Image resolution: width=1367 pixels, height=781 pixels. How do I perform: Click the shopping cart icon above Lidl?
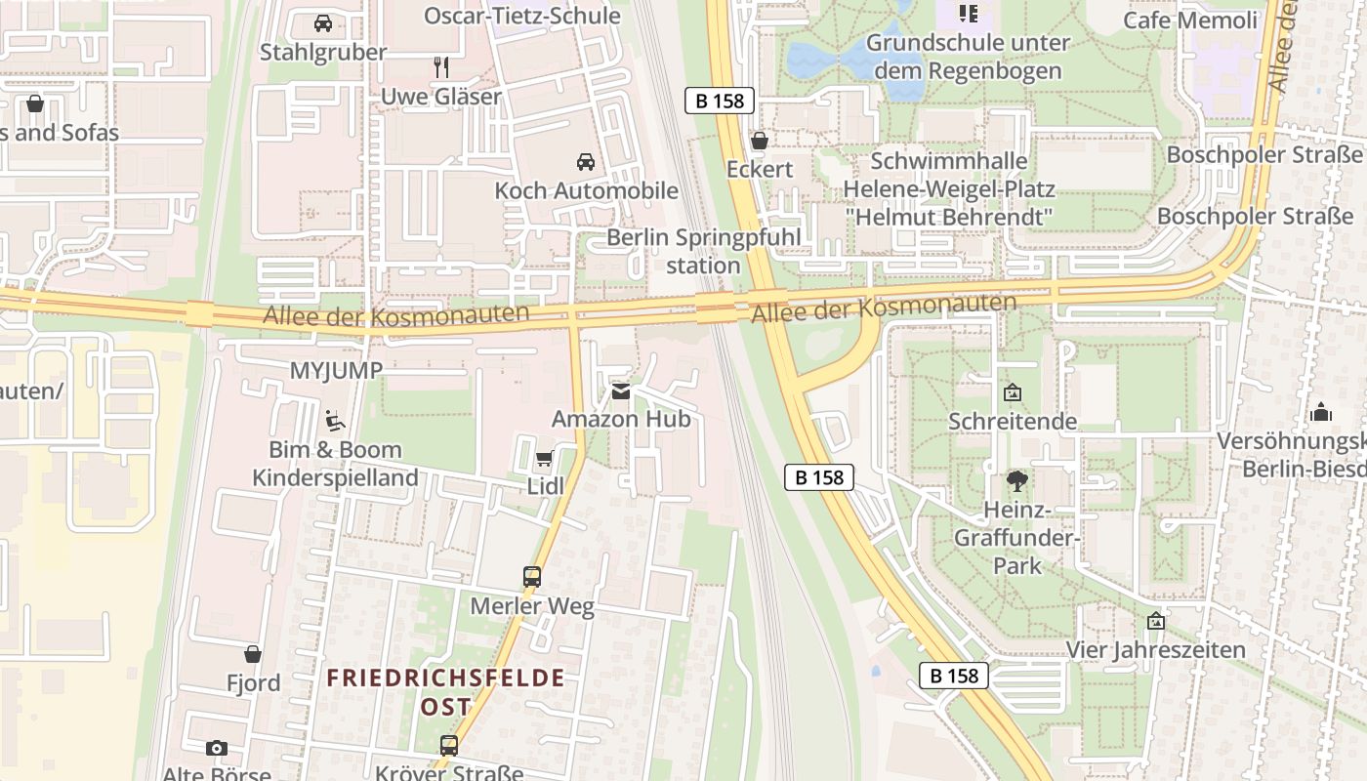[x=544, y=459]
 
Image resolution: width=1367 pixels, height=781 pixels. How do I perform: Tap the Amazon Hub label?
[x=621, y=419]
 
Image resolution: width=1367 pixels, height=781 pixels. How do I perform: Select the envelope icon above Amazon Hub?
[x=621, y=391]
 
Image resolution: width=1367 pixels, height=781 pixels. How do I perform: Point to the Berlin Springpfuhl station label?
[x=703, y=251]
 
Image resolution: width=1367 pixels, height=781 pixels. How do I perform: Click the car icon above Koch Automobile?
[x=585, y=162]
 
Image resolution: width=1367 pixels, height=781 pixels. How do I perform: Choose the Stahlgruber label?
[x=323, y=52]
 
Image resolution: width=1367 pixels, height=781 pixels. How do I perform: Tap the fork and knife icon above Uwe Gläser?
[x=441, y=67]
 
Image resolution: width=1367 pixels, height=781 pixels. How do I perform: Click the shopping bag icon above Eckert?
[x=760, y=141]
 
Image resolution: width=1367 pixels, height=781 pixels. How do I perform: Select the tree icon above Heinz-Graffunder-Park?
[x=1016, y=480]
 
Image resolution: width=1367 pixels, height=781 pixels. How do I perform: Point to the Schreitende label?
[x=1013, y=421]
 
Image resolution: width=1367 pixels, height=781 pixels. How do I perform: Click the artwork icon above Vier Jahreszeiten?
[x=1156, y=621]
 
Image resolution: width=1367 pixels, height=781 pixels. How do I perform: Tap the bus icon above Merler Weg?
[x=532, y=577]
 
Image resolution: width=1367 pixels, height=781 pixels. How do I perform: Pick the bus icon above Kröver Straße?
[x=448, y=746]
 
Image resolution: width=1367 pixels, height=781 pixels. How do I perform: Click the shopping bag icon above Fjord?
[x=253, y=654]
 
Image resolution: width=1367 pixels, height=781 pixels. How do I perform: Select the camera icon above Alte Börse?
[x=217, y=749]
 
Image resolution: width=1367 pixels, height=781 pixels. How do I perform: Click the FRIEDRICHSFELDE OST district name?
[x=445, y=691]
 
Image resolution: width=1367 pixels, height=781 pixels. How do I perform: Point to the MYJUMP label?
[x=336, y=370]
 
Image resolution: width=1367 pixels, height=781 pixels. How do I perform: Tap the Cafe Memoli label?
[x=1190, y=21]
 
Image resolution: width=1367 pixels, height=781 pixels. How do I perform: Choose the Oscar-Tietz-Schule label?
[x=521, y=16]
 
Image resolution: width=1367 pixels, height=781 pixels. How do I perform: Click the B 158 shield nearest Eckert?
[x=720, y=100]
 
